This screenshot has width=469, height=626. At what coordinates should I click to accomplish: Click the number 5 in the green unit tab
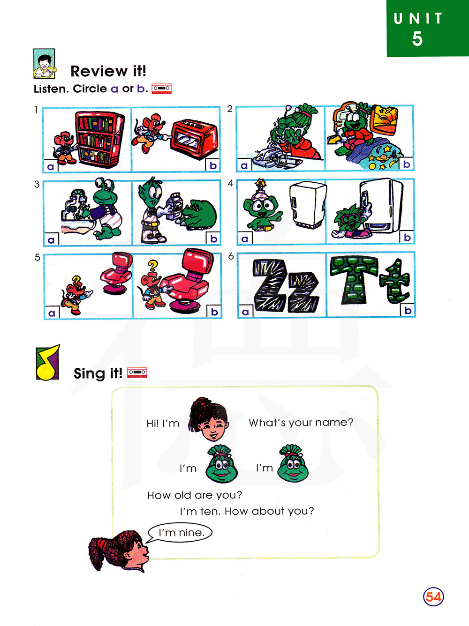(417, 38)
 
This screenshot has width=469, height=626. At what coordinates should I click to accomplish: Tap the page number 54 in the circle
(433, 596)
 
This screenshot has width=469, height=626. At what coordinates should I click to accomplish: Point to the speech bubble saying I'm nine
(180, 533)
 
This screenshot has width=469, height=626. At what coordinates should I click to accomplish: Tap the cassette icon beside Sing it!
(137, 372)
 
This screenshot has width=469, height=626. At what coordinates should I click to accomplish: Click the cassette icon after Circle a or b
(161, 89)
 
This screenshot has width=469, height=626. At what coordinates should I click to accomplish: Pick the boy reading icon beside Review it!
(44, 64)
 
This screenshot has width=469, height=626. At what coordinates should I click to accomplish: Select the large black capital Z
(270, 285)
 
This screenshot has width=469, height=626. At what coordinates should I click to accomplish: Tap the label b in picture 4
(408, 237)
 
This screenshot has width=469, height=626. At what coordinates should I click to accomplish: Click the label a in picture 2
(244, 165)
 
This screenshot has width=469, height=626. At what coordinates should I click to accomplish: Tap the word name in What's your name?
(331, 422)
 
